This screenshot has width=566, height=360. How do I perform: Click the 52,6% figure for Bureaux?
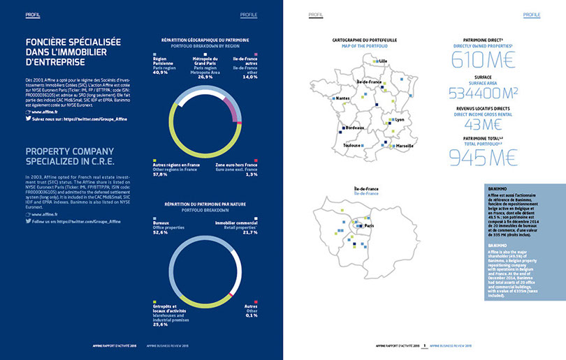[161, 232]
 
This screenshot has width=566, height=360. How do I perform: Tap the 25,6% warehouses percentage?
[161, 324]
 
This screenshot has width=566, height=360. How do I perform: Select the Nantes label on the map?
[343, 98]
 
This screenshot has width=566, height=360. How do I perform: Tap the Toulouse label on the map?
[351, 145]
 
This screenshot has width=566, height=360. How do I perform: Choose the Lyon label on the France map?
[400, 119]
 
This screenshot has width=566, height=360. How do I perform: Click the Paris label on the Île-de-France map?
[370, 225]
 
